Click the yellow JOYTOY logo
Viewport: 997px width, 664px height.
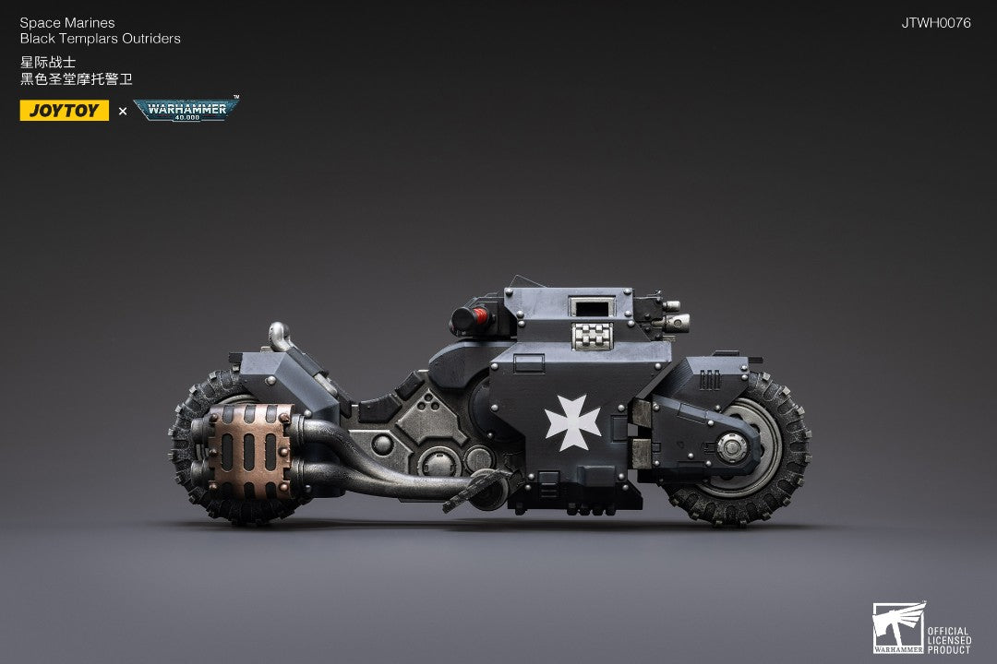(x=65, y=111)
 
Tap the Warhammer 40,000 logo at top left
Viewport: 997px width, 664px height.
(x=186, y=110)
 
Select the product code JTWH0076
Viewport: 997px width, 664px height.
(x=936, y=23)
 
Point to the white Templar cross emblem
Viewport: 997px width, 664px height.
(x=573, y=422)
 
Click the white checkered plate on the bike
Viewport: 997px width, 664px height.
(x=592, y=336)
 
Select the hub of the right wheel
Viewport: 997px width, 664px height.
(x=732, y=447)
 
